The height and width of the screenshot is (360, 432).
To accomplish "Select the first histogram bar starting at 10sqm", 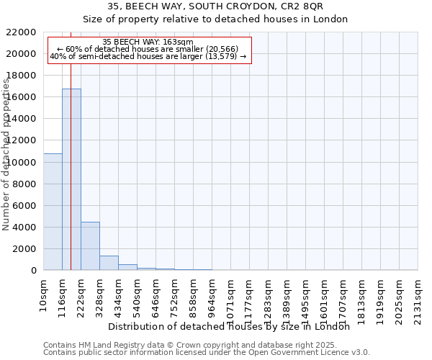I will click(53, 212).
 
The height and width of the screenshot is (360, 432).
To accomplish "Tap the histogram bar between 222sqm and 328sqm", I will click(90, 246).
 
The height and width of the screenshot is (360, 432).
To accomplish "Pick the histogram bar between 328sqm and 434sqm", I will click(109, 263).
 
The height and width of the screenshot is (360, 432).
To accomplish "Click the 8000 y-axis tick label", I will click(23, 184).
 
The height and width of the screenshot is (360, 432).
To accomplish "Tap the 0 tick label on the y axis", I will click(33, 271).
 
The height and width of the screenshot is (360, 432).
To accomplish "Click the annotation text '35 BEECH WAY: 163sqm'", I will click(148, 42).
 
